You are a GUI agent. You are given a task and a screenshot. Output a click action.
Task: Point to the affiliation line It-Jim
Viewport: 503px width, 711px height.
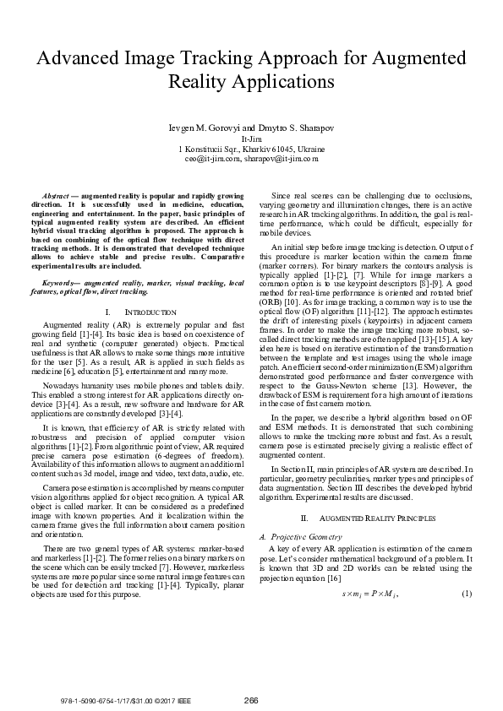[251, 137]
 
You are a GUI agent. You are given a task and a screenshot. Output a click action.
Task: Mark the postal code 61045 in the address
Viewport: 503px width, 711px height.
[280, 147]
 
